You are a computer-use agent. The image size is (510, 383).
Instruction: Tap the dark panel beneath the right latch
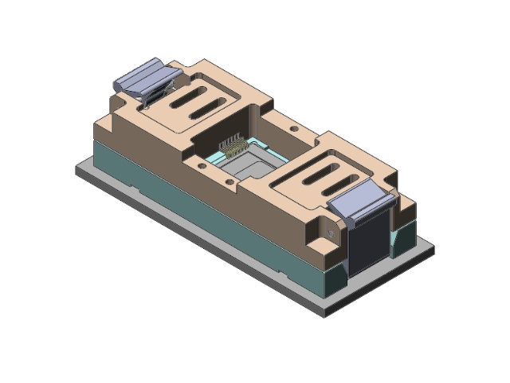[368, 243]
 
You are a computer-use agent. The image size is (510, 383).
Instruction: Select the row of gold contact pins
[233, 145]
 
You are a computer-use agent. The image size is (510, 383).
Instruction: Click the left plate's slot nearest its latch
[181, 95]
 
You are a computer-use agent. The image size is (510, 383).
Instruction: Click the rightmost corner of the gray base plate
[433, 250]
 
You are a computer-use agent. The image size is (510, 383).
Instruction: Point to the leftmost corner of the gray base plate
[76, 169]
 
